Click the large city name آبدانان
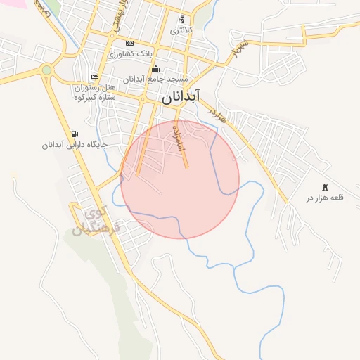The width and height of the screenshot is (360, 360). [181, 98]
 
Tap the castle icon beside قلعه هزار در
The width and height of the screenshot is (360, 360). [325, 187]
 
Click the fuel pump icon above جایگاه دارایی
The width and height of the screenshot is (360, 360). [75, 134]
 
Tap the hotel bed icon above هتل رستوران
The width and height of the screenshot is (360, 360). [94, 77]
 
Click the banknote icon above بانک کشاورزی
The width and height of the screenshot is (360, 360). [129, 44]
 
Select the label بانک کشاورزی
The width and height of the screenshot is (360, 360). [129, 53]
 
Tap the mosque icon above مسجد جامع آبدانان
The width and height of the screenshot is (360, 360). [155, 69]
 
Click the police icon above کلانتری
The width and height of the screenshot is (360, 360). [181, 20]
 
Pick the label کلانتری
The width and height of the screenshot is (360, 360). [181, 30]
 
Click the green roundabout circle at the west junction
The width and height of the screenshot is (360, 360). [46, 70]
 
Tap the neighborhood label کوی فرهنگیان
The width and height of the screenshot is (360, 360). [98, 220]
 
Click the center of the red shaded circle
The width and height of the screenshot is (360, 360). [180, 179]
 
